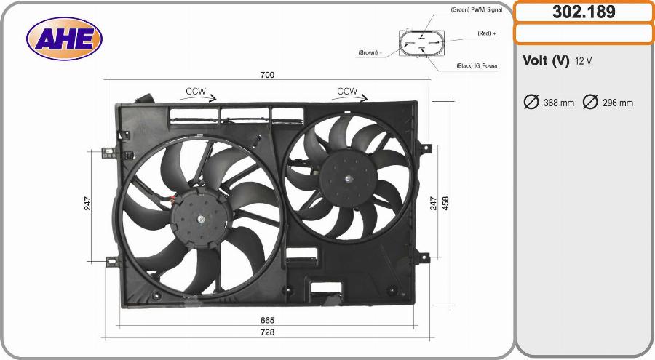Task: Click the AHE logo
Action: coord(64,39)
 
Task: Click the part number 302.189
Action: coord(584,12)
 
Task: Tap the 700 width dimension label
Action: coord(267,75)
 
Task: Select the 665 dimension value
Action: coord(267,320)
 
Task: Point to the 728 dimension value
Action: coord(267,332)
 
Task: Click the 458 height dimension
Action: coord(445,204)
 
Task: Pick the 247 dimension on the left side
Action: coord(87,204)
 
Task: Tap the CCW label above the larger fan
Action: coord(196,91)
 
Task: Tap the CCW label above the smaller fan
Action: coord(347,91)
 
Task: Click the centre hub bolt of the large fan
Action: coord(201,218)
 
